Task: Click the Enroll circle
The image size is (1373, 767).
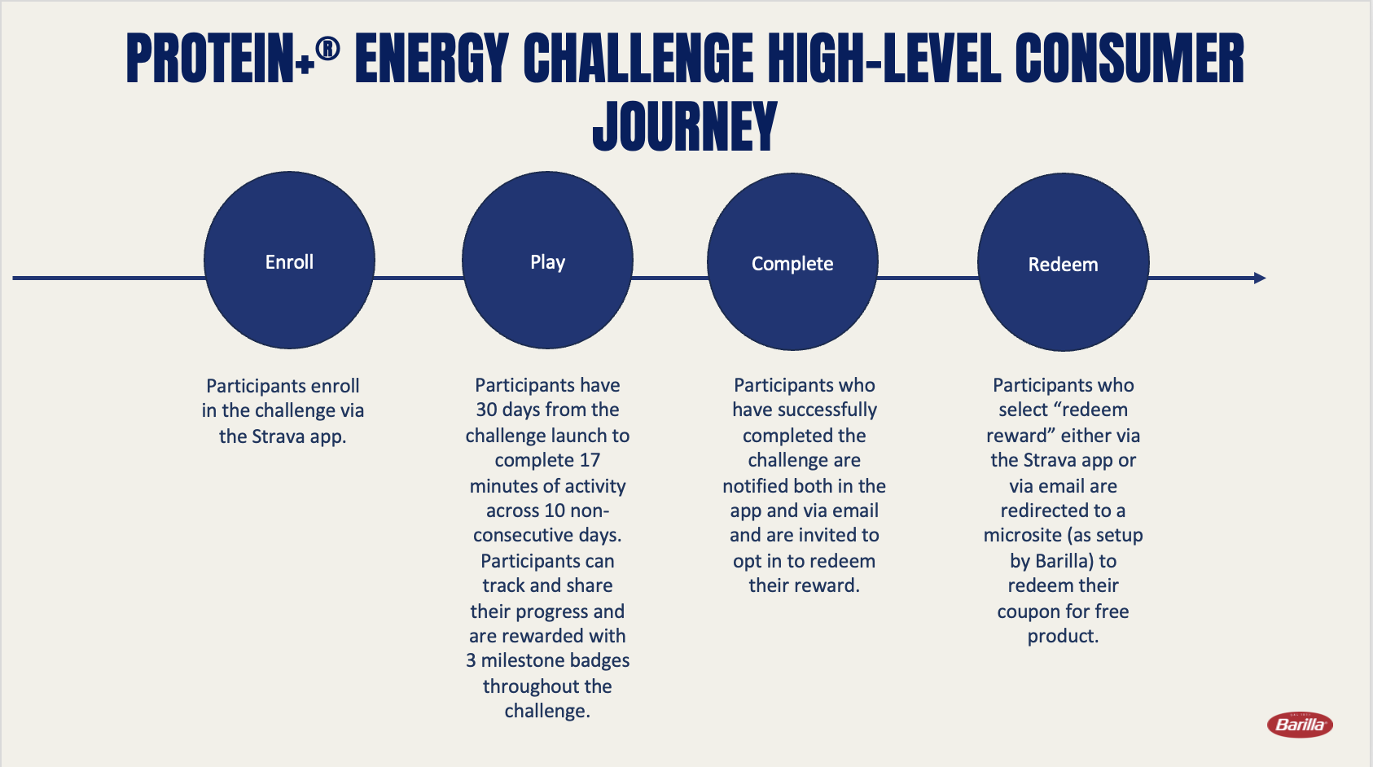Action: (x=289, y=261)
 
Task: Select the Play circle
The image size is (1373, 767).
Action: (x=547, y=261)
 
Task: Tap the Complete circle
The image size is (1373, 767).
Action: (x=792, y=262)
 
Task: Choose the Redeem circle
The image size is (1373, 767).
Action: (x=1063, y=262)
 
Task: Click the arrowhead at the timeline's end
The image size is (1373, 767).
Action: (x=1260, y=278)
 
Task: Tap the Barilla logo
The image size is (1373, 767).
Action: (x=1300, y=725)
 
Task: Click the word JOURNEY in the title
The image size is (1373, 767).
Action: (x=685, y=126)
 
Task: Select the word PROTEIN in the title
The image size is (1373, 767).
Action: (x=209, y=59)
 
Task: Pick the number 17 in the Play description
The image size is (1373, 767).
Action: (x=589, y=460)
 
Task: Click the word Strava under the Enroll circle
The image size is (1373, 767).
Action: (x=278, y=436)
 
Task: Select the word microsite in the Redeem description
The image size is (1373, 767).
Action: (x=1022, y=535)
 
